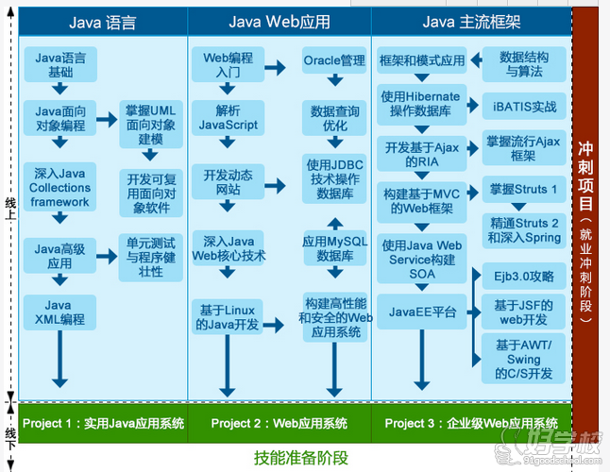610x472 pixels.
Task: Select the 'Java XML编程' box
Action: click(x=59, y=312)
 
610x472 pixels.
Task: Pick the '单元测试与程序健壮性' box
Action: click(x=151, y=256)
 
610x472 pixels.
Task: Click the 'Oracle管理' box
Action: click(x=334, y=60)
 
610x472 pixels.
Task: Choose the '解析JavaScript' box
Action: click(x=228, y=118)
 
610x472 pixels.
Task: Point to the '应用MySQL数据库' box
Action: click(x=334, y=248)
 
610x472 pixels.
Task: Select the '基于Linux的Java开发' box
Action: click(x=228, y=316)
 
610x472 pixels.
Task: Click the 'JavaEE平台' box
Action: click(x=422, y=311)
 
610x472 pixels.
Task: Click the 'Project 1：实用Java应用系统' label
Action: click(x=102, y=422)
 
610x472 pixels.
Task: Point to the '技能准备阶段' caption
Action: click(x=301, y=457)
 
